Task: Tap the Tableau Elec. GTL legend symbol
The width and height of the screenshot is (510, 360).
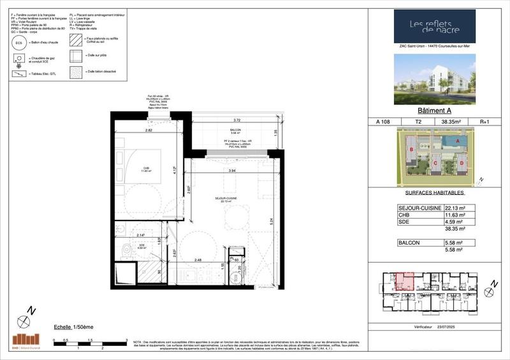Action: pyautogui.click(x=19, y=75)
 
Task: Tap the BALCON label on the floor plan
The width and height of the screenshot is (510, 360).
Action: pyautogui.click(x=237, y=129)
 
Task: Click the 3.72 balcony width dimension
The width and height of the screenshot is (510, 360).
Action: pyautogui.click(x=237, y=120)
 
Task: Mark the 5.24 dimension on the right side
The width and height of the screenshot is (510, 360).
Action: pyautogui.click(x=272, y=223)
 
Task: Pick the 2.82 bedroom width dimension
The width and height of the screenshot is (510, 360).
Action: pyautogui.click(x=149, y=130)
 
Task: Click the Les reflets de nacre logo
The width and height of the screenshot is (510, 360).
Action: pyautogui.click(x=434, y=26)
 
